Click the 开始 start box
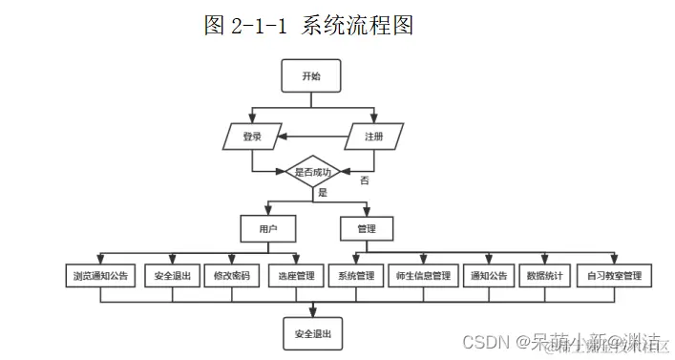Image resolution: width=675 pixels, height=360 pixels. click(311, 77)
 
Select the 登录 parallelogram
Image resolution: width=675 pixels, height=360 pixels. click(252, 137)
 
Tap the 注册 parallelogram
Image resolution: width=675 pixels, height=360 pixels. click(373, 137)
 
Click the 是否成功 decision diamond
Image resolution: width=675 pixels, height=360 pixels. click(313, 172)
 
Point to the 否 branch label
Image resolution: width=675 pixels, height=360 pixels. click(364, 180)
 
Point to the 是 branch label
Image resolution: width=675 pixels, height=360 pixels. click(322, 193)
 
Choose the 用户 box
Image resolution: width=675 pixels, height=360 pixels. click(267, 229)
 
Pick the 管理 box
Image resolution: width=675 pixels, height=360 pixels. click(367, 229)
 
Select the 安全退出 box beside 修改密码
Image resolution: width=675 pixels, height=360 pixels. click(172, 276)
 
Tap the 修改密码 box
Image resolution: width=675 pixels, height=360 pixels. click(232, 276)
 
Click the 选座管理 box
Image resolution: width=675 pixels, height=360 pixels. click(296, 276)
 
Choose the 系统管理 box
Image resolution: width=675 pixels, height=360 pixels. click(356, 276)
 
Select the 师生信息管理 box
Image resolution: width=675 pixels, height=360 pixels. click(422, 276)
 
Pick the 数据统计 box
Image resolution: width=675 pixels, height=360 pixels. click(545, 276)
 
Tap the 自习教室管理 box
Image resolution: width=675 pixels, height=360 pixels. click(614, 276)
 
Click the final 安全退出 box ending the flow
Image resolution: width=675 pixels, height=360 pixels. click(312, 334)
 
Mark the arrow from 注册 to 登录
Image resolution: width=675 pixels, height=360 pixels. click(311, 138)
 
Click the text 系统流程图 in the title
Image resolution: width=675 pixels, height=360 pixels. click(357, 26)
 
